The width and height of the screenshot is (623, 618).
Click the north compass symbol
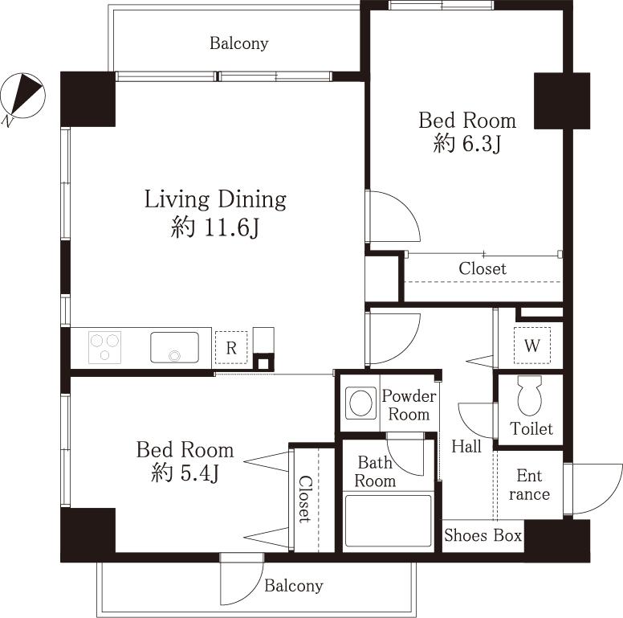[x=22, y=96]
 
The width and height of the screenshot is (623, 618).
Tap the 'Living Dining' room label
[x=215, y=199]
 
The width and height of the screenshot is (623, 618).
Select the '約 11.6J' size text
[x=215, y=229]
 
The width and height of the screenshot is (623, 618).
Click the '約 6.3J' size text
[x=467, y=145]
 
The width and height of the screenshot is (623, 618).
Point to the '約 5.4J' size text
[x=185, y=473]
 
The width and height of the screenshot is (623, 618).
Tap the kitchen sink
[x=174, y=347]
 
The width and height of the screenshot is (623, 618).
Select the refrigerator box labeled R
[x=230, y=348]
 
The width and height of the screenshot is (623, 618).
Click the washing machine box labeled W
[x=531, y=346]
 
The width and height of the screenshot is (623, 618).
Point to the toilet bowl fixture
[x=531, y=396]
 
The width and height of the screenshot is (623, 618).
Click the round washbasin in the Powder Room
[x=360, y=403]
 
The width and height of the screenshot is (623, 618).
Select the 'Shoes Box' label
[x=483, y=535]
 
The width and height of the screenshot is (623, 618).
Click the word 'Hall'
[x=466, y=446]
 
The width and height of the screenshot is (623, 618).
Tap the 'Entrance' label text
[x=530, y=485]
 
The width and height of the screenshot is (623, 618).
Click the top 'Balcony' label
[x=239, y=43]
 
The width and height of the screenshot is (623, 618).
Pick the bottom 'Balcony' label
[x=294, y=586]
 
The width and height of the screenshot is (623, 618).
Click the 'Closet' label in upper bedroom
[x=483, y=268]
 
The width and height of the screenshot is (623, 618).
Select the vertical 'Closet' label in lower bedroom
[x=305, y=499]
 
